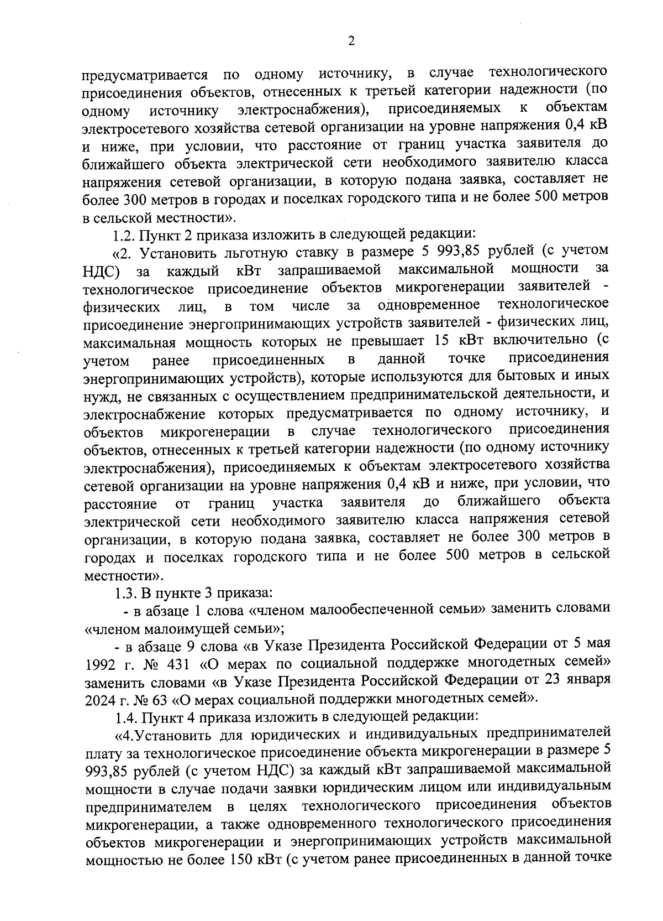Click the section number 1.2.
[x=124, y=236]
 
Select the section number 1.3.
[x=125, y=593]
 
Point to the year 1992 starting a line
[x=99, y=662]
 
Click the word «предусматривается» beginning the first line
[x=145, y=75]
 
